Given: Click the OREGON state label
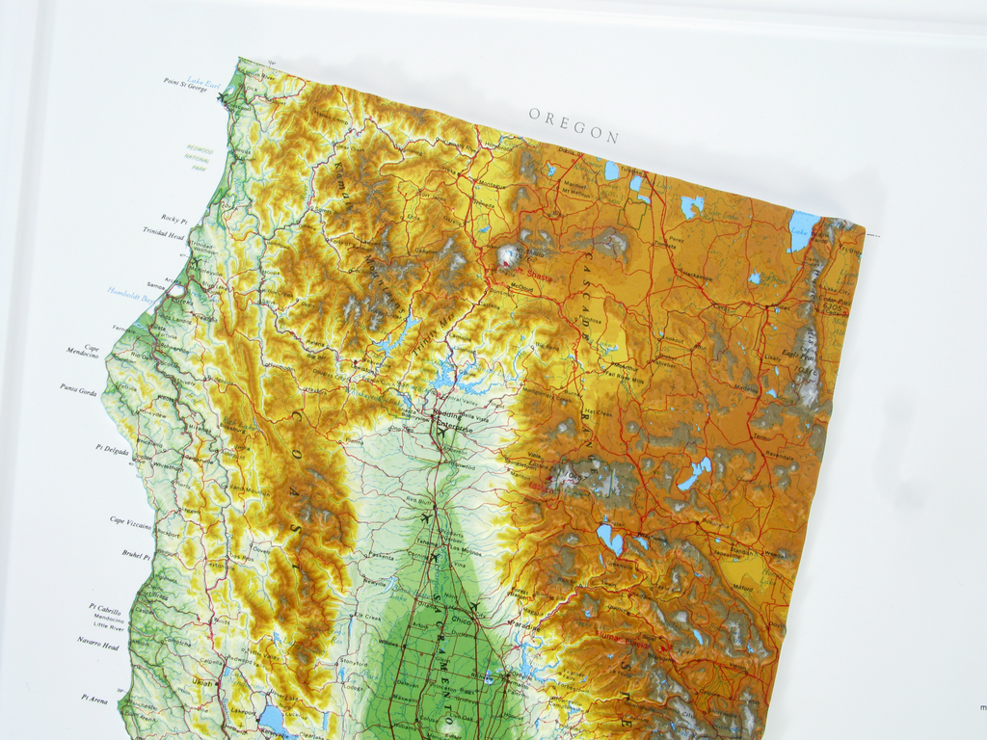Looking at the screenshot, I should [x=574, y=125].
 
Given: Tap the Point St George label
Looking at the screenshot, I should [x=184, y=83].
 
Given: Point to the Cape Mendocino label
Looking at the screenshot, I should [x=84, y=352].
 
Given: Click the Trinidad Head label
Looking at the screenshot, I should [x=163, y=231].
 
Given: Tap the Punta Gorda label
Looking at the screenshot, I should [x=78, y=389].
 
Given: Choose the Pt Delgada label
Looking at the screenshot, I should [x=112, y=450].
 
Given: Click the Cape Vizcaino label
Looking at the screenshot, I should [x=130, y=521].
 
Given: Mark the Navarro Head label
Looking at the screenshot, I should [x=98, y=643].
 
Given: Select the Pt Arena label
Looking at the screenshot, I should [x=95, y=698].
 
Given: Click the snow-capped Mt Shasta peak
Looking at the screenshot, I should [x=508, y=255].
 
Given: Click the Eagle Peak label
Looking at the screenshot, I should [x=801, y=356].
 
